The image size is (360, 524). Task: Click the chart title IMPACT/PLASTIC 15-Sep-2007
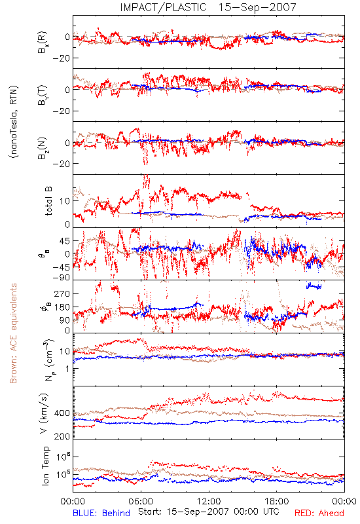pyautogui.click(x=208, y=7)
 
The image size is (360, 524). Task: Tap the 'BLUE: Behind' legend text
pyautogui.click(x=101, y=513)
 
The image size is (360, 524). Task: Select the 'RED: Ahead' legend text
pyautogui.click(x=319, y=513)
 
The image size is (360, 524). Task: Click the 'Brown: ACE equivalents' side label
pyautogui.click(x=13, y=333)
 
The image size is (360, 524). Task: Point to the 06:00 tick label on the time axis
pyautogui.click(x=141, y=501)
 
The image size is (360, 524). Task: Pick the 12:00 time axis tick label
pyautogui.click(x=209, y=501)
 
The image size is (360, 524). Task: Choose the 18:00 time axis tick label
pyautogui.click(x=277, y=501)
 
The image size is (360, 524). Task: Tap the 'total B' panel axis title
pyautogui.click(x=48, y=201)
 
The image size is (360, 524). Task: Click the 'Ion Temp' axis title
pyautogui.click(x=45, y=466)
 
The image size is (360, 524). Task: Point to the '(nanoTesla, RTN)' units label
pyautogui.click(x=14, y=122)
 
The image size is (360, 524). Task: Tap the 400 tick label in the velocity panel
pyautogui.click(x=62, y=413)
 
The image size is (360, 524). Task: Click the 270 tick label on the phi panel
pyautogui.click(x=62, y=293)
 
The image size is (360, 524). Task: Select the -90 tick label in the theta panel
pyautogui.click(x=61, y=278)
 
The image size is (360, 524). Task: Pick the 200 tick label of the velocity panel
pyautogui.click(x=62, y=436)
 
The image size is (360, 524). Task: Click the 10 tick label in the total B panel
pyautogui.click(x=65, y=201)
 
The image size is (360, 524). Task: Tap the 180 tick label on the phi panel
pyautogui.click(x=62, y=307)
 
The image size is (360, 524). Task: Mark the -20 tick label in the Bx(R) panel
pyautogui.click(x=61, y=58)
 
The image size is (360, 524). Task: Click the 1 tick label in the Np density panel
pyautogui.click(x=68, y=369)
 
